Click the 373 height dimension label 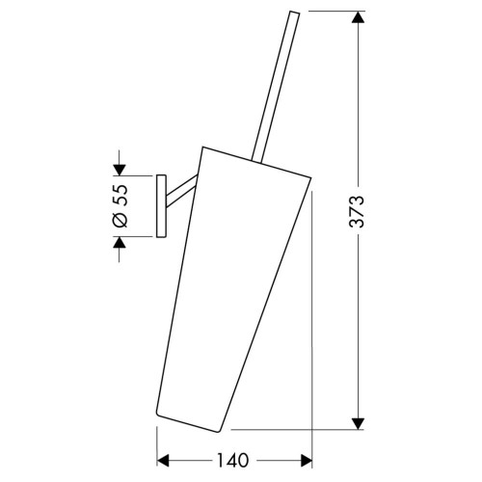coord(357,211)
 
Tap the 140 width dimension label coord(233,460)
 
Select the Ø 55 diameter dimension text coord(120,206)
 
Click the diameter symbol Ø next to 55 coord(120,219)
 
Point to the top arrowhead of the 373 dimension coord(358,17)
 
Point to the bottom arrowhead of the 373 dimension coord(358,423)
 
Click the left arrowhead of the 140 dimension coord(163,460)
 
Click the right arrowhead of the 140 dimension coord(306,460)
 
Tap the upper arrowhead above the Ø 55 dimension coord(120,170)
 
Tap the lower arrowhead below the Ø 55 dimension coord(120,243)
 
